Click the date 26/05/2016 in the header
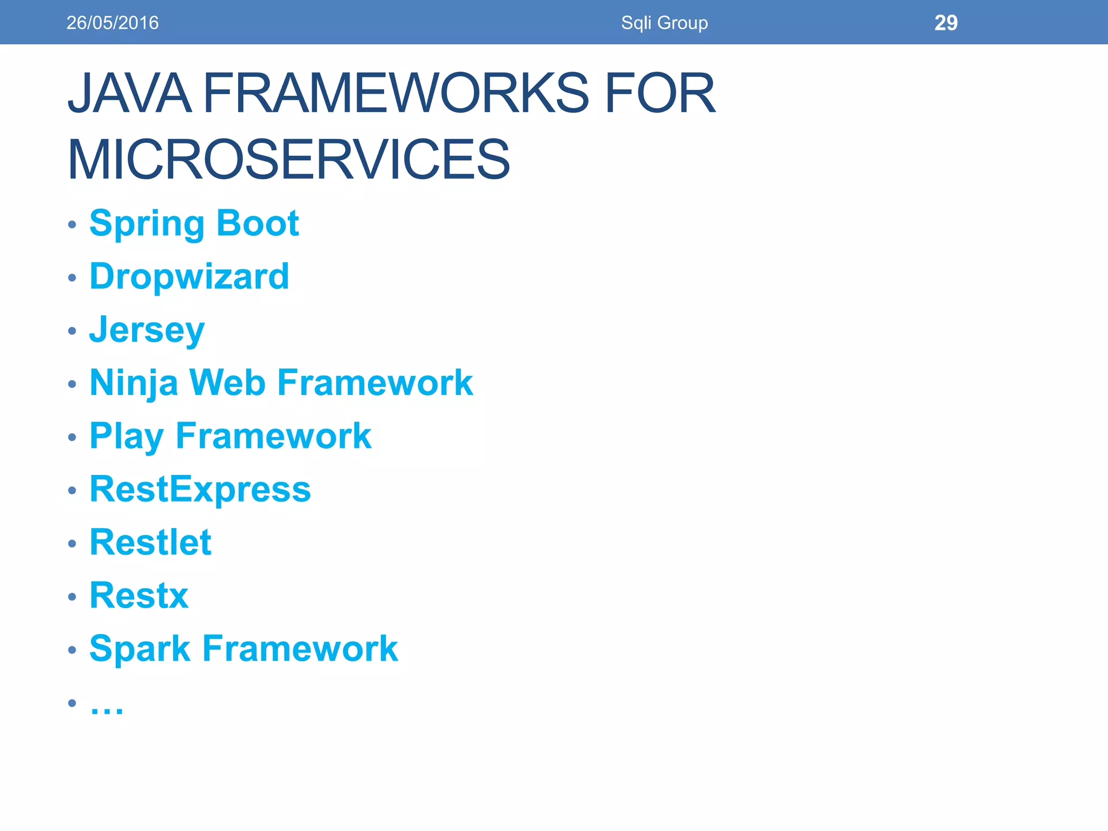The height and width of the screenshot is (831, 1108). (x=113, y=23)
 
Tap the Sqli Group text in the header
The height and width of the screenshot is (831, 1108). (x=664, y=23)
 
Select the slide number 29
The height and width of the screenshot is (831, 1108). (x=946, y=23)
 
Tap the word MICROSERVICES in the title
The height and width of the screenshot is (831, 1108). (x=288, y=160)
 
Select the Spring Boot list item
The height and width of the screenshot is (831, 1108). (x=194, y=223)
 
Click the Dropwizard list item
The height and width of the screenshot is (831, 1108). (x=189, y=276)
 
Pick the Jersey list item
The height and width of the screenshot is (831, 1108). (x=147, y=329)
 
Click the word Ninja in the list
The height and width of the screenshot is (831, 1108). (x=134, y=383)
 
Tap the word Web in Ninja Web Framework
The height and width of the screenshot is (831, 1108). (x=227, y=383)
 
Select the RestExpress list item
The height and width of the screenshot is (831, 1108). (x=200, y=489)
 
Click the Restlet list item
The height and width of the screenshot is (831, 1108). (x=150, y=542)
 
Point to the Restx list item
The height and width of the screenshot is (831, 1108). (x=139, y=595)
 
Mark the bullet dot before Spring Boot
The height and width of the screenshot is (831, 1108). (x=72, y=225)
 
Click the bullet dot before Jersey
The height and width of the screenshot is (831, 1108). (x=72, y=331)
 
